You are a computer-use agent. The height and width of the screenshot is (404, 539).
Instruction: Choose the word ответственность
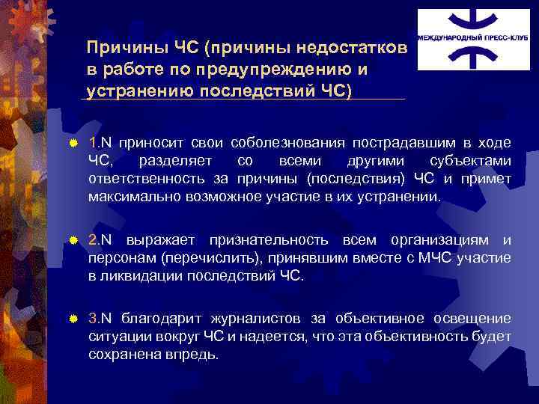(x=147, y=179)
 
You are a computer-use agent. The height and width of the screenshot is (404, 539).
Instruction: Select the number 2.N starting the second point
(x=100, y=240)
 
